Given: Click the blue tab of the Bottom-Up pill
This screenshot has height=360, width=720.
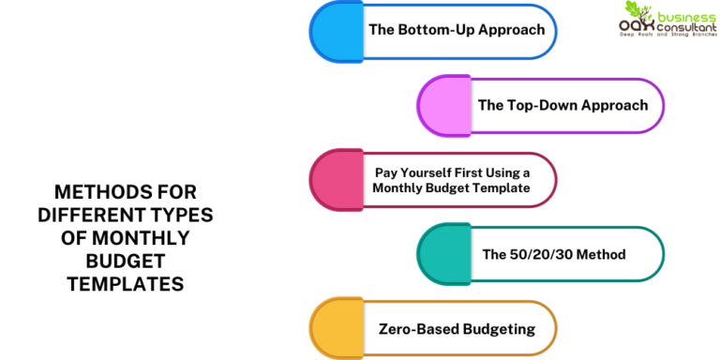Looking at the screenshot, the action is coord(337,31).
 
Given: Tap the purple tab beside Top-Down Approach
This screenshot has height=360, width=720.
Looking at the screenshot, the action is coord(444,106).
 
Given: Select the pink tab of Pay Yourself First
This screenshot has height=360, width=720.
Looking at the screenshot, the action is coord(337,180).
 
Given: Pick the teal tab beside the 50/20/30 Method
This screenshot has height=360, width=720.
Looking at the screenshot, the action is coord(444,254).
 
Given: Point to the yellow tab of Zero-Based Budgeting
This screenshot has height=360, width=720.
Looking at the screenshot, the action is coord(337,328).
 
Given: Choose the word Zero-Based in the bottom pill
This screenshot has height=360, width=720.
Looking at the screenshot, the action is coord(419,329).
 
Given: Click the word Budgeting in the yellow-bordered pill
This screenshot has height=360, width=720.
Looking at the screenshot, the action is coord(499,330).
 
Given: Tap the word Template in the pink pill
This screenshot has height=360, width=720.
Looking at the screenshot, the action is coord(506,188).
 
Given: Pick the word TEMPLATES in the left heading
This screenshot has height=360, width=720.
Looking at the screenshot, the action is coord(126,284).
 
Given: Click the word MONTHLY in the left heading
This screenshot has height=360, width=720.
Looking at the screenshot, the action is coord(140,238).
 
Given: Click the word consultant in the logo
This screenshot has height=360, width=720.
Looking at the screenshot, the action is coord(687,27).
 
